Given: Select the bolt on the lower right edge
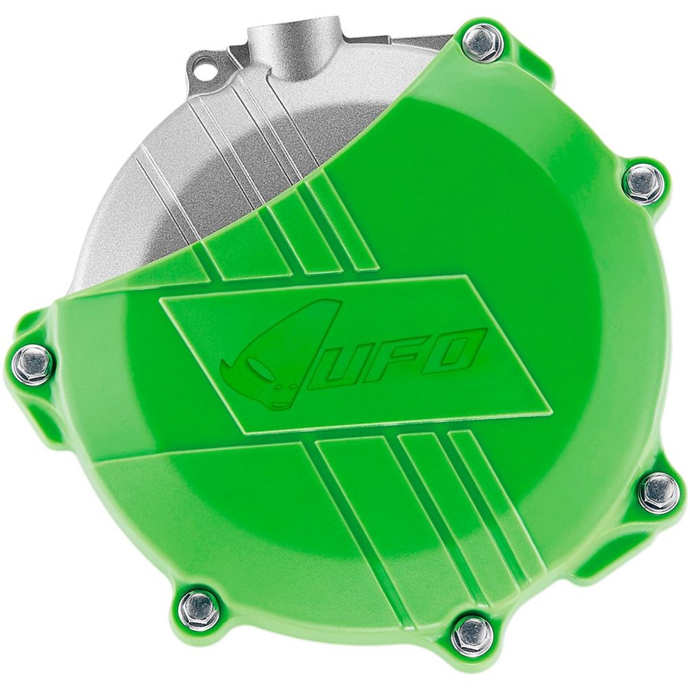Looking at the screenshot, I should [x=659, y=493].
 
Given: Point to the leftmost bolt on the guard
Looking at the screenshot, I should [x=32, y=359].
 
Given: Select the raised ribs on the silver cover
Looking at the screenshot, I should [x=228, y=138].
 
